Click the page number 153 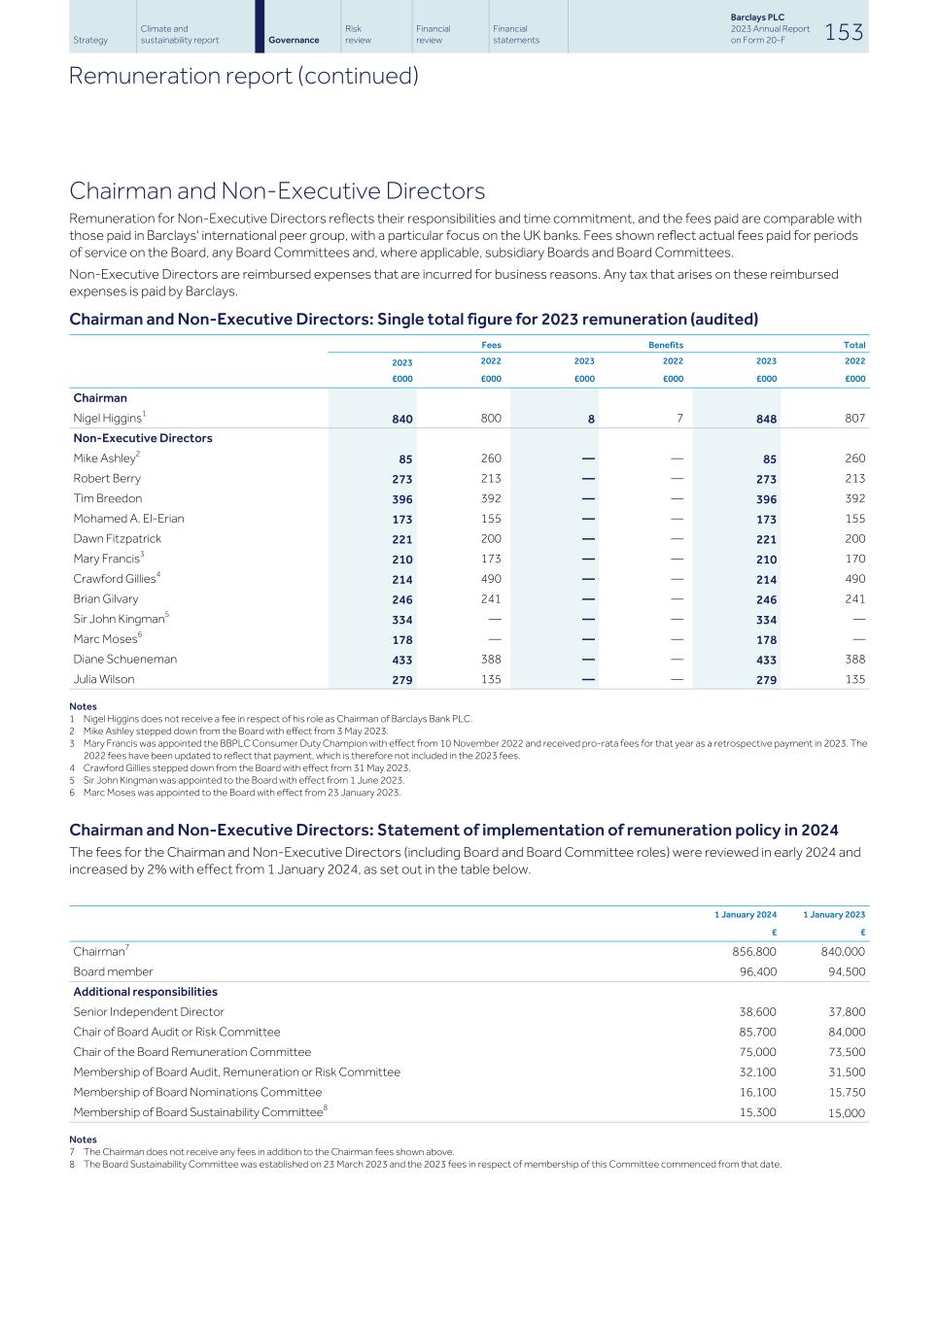point(844,32)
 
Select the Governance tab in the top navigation point(294,40)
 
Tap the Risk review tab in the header point(358,34)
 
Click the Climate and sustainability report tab point(180,34)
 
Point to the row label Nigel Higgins point(109,418)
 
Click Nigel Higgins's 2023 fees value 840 point(401,419)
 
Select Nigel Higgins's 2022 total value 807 point(854,418)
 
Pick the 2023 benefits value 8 point(590,419)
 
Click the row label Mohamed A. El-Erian point(128,519)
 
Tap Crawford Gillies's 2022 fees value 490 point(491,579)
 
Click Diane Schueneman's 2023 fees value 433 point(401,660)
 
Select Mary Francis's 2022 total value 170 point(854,559)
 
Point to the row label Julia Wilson point(104,679)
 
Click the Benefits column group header point(666,345)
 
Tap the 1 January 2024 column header point(746,914)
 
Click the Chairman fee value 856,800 point(753,952)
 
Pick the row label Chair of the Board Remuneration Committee point(192,1052)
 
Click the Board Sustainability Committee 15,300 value point(757,1112)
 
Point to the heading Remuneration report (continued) point(244,76)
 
